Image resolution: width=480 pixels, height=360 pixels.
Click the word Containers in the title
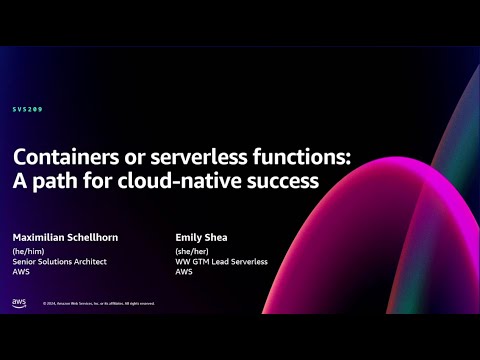pyautogui.click(x=62, y=158)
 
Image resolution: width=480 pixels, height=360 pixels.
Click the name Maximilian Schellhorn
pyautogui.click(x=65, y=237)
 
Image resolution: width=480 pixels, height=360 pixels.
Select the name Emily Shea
pyautogui.click(x=200, y=237)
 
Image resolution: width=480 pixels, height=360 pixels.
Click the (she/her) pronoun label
pyautogui.click(x=192, y=253)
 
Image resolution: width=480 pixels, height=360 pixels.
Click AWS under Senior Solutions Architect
pyautogui.click(x=21, y=271)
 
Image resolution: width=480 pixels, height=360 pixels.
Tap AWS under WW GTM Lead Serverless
pyautogui.click(x=183, y=271)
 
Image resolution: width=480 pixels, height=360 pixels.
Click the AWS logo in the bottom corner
pyautogui.click(x=20, y=301)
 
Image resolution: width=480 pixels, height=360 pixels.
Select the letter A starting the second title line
pyautogui.click(x=19, y=182)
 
